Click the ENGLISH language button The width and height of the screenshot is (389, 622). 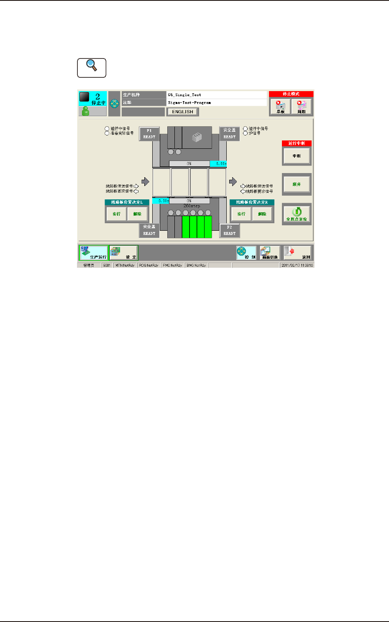pyautogui.click(x=182, y=112)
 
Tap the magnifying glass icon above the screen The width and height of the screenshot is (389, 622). pyautogui.click(x=92, y=68)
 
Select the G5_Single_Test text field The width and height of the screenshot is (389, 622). pyautogui.click(x=216, y=95)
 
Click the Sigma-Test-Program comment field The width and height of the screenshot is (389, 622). pyautogui.click(x=216, y=102)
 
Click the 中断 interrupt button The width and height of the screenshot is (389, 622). pyautogui.click(x=297, y=156)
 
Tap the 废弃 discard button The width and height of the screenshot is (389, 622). pyautogui.click(x=297, y=184)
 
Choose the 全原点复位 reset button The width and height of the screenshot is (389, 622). pyautogui.click(x=297, y=214)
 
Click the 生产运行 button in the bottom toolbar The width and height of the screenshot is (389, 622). pyautogui.click(x=94, y=253)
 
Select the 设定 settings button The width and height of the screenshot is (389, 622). pyautogui.click(x=124, y=253)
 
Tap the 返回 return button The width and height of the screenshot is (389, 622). pyautogui.click(x=297, y=253)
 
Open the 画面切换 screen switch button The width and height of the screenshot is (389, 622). pyautogui.click(x=270, y=253)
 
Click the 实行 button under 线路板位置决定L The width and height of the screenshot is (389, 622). pyautogui.click(x=116, y=214)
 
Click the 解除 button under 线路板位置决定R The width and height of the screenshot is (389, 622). pyautogui.click(x=262, y=214)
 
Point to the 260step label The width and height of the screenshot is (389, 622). pyautogui.click(x=192, y=206)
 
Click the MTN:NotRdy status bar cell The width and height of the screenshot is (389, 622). pyautogui.click(x=125, y=265)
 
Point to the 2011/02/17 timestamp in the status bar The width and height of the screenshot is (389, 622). pyautogui.click(x=297, y=265)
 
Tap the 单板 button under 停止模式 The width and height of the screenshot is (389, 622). pyautogui.click(x=280, y=107)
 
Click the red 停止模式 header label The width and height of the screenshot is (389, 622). pyautogui.click(x=291, y=94)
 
